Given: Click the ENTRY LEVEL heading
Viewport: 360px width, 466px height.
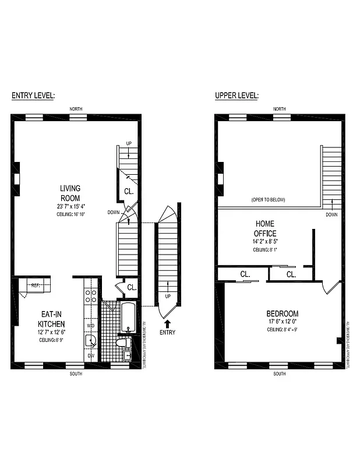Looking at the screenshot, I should [33, 96].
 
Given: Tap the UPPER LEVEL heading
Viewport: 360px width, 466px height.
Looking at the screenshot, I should [237, 96].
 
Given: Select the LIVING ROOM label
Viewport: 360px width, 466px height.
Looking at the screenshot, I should [70, 193].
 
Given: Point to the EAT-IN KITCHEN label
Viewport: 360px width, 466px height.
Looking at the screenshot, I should [51, 319].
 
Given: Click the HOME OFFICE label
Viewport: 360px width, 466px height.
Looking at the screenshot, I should [265, 228].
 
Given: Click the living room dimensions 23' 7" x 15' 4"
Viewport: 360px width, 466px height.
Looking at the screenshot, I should [70, 206].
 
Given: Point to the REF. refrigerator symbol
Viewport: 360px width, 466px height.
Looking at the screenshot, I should [36, 285].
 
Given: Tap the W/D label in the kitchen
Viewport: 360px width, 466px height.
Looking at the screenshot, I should [91, 326].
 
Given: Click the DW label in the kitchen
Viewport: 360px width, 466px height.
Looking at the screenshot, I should [90, 355].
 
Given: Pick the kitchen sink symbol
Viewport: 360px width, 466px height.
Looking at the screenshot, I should [91, 341].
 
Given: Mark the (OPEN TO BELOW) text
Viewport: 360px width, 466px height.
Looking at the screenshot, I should [268, 200].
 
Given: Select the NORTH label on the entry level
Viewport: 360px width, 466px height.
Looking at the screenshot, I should [76, 109].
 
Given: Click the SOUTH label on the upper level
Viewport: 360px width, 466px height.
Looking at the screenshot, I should [279, 373].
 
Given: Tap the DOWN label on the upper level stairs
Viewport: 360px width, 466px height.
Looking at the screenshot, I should [331, 214].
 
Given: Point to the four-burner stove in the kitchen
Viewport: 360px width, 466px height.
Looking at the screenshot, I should [91, 295].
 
